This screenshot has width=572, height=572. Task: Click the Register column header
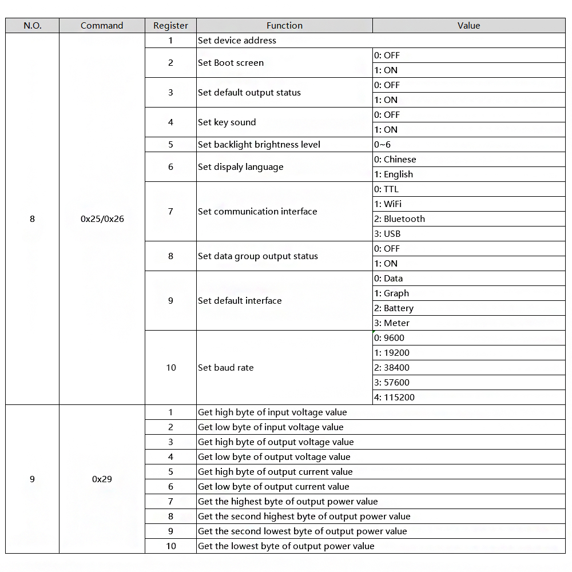pyautogui.click(x=170, y=25)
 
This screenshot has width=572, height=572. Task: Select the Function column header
pyautogui.click(x=284, y=25)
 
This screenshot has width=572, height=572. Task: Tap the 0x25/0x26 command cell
pyautogui.click(x=102, y=219)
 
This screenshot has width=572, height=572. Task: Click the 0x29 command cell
pyautogui.click(x=102, y=479)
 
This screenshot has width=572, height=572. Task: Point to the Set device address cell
pyautogui.click(x=237, y=41)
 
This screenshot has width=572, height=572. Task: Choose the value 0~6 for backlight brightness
pyautogui.click(x=383, y=145)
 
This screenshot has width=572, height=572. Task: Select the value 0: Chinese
pyautogui.click(x=395, y=160)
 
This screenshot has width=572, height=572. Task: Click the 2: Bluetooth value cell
pyautogui.click(x=399, y=219)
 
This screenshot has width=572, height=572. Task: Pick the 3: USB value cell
pyautogui.click(x=387, y=234)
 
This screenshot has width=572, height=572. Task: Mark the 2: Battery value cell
pyautogui.click(x=394, y=308)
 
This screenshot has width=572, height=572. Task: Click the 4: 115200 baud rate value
pyautogui.click(x=394, y=398)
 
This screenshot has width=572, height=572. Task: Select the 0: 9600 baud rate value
pyautogui.click(x=389, y=338)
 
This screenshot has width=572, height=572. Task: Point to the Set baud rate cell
pyautogui.click(x=226, y=368)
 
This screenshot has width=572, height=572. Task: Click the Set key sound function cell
pyautogui.click(x=227, y=122)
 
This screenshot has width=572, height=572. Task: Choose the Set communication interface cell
pyautogui.click(x=257, y=212)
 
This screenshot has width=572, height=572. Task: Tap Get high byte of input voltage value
pyautogui.click(x=272, y=412)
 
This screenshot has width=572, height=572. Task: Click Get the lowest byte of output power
pyautogui.click(x=286, y=546)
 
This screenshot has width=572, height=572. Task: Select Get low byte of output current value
pyautogui.click(x=273, y=487)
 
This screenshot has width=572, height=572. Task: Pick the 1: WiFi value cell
pyautogui.click(x=388, y=204)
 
